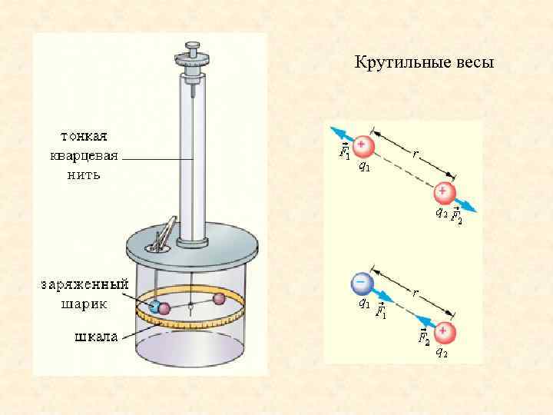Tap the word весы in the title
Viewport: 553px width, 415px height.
tap(472, 62)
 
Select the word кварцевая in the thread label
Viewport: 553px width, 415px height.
tap(79, 158)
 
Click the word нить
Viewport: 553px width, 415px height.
tap(79, 174)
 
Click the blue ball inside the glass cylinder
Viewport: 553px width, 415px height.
tap(154, 307)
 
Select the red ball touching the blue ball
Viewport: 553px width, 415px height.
tap(164, 308)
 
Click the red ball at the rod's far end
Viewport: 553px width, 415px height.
tap(219, 298)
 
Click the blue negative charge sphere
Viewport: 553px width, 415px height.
tap(361, 284)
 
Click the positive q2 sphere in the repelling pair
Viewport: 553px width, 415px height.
tap(444, 192)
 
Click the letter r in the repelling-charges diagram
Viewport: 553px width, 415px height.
tap(415, 154)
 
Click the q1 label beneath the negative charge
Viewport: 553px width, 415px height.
tap(363, 304)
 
